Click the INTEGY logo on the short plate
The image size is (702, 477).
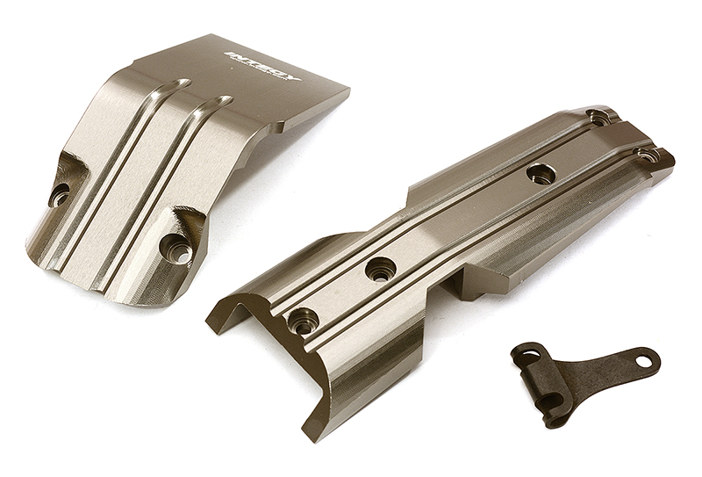(x=263, y=66)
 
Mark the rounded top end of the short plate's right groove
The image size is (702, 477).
(x=225, y=100)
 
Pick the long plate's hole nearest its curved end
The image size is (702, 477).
(x=304, y=322)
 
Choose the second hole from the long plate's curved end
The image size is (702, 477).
(x=380, y=269)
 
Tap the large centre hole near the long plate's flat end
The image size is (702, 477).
(x=541, y=172)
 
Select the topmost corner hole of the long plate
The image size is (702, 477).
(x=599, y=116)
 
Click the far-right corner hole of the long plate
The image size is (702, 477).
(x=647, y=155)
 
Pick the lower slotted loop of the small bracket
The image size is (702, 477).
(x=550, y=401)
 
